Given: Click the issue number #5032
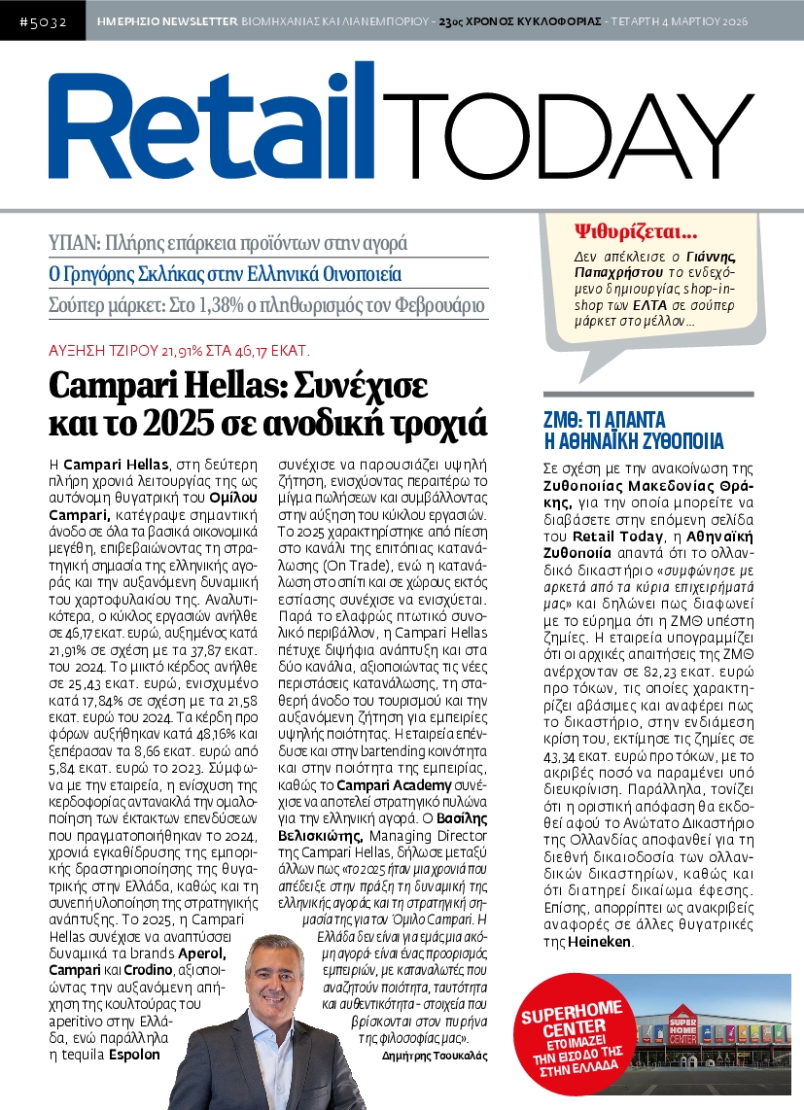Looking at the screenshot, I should (x=42, y=20).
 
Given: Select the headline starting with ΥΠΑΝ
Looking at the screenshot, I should (x=228, y=243).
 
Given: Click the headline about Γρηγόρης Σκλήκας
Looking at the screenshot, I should (x=225, y=274).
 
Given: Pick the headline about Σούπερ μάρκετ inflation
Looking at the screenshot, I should (x=266, y=306).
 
